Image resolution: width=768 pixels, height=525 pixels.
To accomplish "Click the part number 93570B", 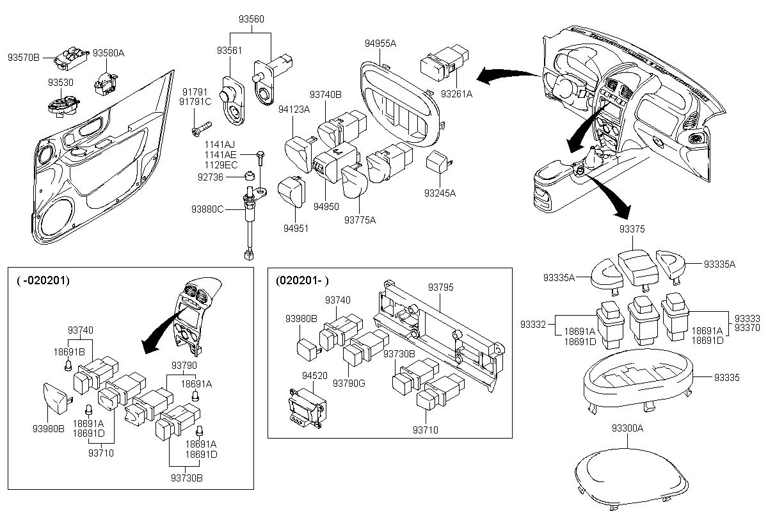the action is coord(24,58).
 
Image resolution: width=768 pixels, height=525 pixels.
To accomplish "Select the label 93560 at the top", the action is coord(252,19).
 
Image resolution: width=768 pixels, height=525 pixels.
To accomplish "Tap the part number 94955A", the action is coord(380,44).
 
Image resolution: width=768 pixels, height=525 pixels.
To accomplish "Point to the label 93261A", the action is coord(456,94).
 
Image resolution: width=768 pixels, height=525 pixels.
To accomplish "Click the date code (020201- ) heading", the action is coord(302,280).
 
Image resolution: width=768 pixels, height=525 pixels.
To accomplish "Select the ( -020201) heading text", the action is coord(44,280).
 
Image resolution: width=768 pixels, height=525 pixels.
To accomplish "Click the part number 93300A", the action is coord(627,428).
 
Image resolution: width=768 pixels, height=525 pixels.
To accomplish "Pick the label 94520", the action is coord(315,375).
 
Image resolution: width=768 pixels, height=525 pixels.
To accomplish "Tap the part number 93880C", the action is coord(207,209).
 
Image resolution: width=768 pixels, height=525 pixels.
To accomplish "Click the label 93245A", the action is coord(440,193).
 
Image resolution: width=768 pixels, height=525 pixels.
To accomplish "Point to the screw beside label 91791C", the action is coord(202,129).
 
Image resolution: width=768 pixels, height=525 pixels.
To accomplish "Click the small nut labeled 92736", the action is coord(250,175).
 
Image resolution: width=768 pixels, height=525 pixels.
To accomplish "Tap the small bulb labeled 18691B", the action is coord(68,366).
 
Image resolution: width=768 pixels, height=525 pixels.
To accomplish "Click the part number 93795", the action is coord(440,287).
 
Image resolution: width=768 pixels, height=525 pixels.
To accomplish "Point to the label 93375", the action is coord(632,229).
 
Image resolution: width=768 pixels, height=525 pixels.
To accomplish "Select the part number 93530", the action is coord(61,83).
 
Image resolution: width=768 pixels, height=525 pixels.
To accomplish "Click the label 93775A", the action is coord(360,220).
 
